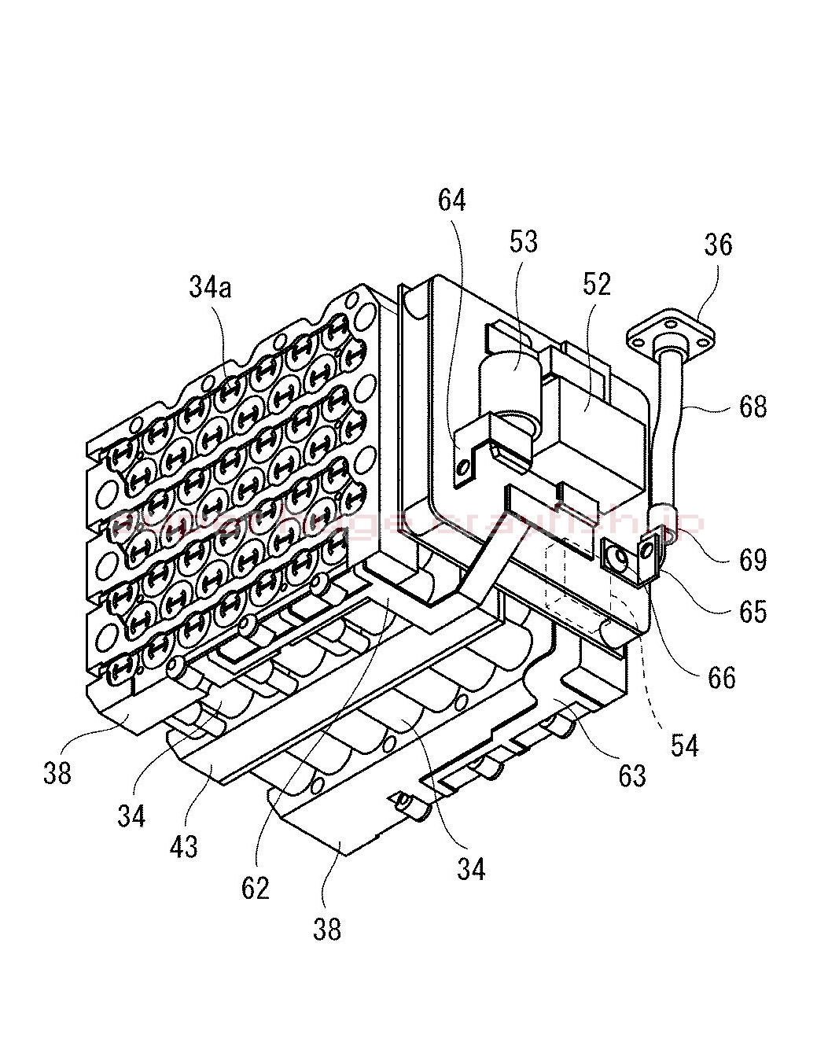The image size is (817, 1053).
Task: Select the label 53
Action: click(524, 241)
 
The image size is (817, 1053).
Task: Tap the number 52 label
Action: click(597, 283)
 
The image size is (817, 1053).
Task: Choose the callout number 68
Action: click(753, 407)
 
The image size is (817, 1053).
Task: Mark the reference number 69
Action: click(753, 560)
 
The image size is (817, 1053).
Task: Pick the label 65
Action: click(753, 611)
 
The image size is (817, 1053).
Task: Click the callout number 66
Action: click(721, 677)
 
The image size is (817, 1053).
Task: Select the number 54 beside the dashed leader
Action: click(684, 745)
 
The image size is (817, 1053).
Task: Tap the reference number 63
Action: click(631, 775)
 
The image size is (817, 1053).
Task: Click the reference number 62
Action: click(256, 888)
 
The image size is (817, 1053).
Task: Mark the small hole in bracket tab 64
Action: click(463, 469)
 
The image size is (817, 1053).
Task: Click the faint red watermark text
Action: click(409, 523)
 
